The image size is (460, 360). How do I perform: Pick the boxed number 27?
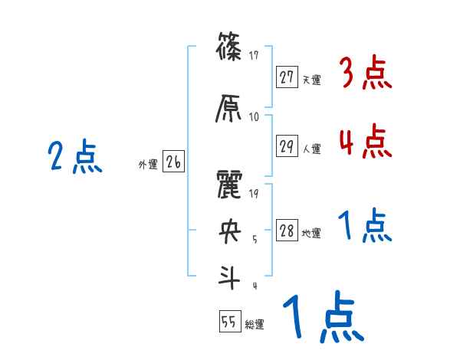(x=287, y=77)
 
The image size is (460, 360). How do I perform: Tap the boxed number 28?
(x=287, y=231)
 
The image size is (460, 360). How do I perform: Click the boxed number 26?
(x=173, y=162)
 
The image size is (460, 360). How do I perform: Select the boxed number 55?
(x=228, y=322)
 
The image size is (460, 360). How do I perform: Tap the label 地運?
(x=311, y=234)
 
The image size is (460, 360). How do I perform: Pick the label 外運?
(x=147, y=164)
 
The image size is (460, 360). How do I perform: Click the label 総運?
(x=254, y=325)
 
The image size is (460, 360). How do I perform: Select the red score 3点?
(x=366, y=74)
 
